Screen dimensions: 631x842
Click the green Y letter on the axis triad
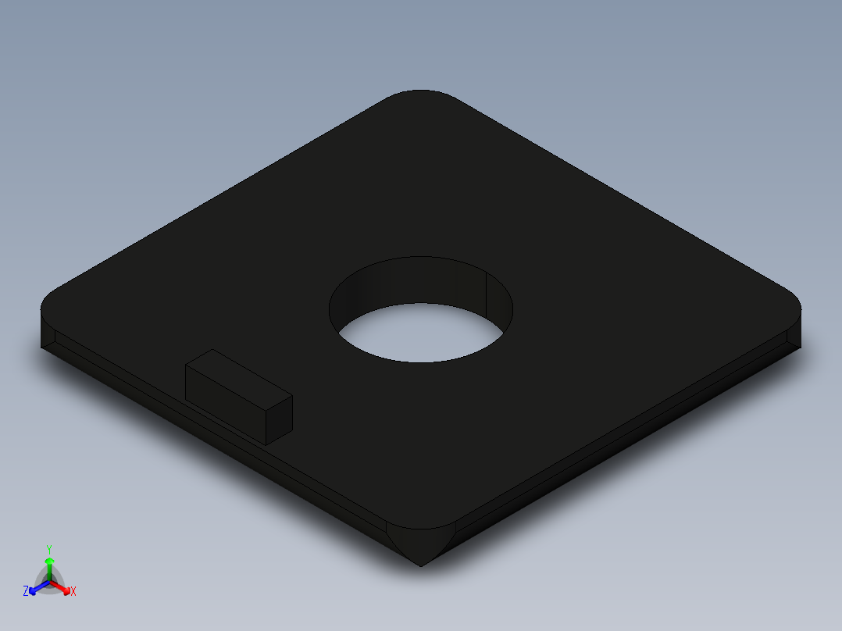coord(49,548)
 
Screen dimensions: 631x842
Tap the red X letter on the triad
coord(73,592)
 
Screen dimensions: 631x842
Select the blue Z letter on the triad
coord(26,591)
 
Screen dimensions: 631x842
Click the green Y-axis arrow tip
coord(49,561)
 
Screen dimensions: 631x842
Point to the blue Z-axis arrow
coord(35,587)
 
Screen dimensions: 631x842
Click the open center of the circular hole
coord(422,332)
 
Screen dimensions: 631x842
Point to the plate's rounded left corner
coord(48,301)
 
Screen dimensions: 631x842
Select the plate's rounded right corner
coord(793,301)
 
